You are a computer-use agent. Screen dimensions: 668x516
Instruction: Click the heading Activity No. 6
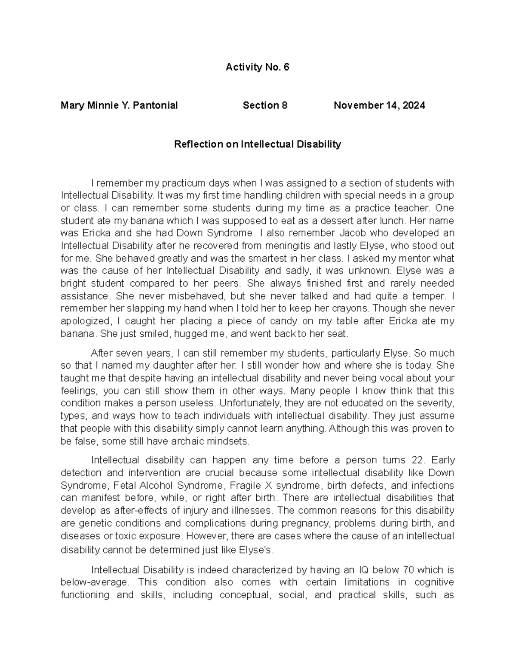257,67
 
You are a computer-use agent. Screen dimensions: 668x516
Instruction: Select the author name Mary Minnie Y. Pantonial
119,105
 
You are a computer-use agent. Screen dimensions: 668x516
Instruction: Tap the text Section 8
265,105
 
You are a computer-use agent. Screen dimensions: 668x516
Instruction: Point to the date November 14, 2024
379,105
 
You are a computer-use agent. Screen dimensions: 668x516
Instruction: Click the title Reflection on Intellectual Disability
257,144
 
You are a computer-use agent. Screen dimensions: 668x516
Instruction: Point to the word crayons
352,308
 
